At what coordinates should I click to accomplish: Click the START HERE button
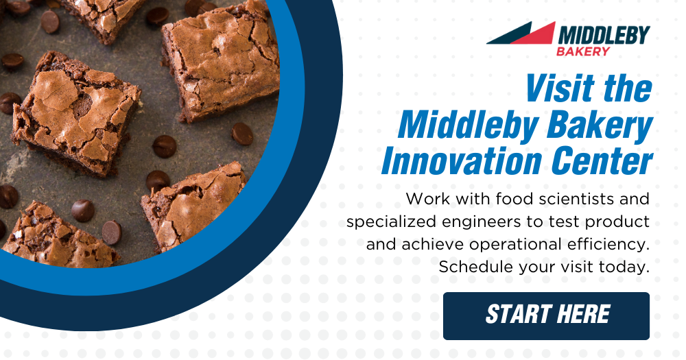point(546,316)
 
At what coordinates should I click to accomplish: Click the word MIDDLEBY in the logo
point(604,35)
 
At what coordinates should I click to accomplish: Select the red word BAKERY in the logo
point(582,51)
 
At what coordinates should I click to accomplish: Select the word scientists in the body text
point(570,199)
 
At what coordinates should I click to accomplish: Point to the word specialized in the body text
point(392,222)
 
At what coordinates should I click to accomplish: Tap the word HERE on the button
point(584,314)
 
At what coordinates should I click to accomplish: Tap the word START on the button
point(518,314)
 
